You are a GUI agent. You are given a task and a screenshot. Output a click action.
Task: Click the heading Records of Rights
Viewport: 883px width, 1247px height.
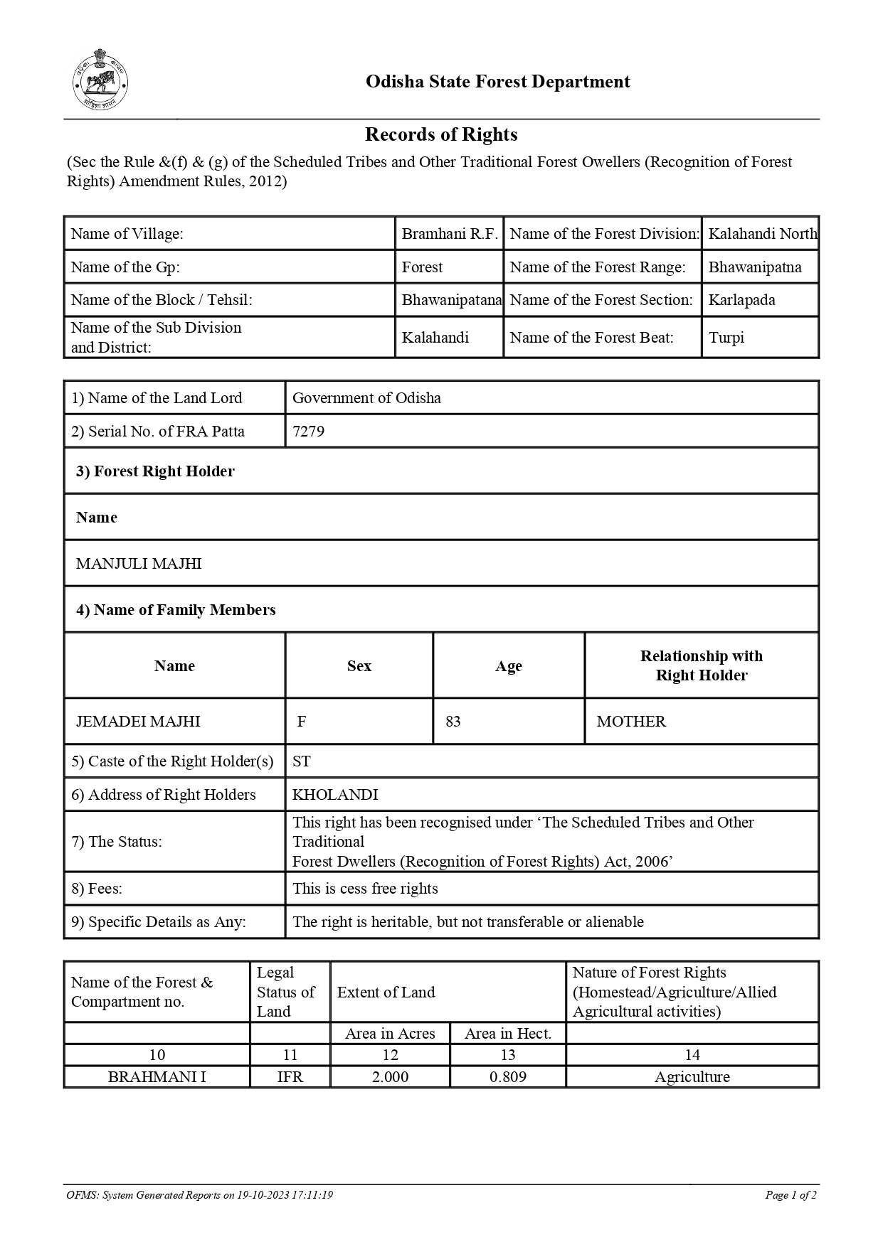(441, 134)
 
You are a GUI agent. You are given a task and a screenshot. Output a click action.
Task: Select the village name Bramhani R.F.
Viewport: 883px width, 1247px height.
(449, 234)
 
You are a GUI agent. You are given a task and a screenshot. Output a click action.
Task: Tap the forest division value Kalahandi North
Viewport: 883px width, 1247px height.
(762, 234)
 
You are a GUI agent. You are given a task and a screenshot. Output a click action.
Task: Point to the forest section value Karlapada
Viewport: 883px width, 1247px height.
(741, 300)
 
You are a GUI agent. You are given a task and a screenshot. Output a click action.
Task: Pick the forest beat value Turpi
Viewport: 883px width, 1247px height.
(726, 338)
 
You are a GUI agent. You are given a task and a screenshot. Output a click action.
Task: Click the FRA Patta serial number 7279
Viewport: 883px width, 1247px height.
(308, 432)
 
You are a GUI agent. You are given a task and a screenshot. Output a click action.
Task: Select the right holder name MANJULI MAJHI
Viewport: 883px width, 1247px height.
(139, 564)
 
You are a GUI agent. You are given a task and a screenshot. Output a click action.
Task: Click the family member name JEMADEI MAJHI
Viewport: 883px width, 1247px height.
(138, 722)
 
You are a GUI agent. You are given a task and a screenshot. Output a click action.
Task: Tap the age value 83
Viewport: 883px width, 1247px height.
(453, 722)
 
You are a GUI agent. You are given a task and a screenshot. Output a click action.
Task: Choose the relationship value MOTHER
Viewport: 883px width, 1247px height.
(631, 722)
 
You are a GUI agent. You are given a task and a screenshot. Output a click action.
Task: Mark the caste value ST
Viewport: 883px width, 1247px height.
(301, 761)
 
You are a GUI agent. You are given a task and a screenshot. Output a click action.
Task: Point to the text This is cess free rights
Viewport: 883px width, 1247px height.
(365, 889)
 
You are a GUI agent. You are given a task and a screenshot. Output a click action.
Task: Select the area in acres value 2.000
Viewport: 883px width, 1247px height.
(390, 1077)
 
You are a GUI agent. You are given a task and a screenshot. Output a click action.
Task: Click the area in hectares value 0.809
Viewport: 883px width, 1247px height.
(508, 1077)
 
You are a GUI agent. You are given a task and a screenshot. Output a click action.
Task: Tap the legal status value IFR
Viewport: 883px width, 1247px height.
(290, 1077)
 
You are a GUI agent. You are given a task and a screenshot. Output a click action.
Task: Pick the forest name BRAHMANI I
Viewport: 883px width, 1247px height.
(157, 1077)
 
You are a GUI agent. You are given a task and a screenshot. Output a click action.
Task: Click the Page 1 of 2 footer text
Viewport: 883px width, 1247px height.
(791, 1195)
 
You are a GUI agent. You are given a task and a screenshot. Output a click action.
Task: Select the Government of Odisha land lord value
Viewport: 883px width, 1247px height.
(366, 398)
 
